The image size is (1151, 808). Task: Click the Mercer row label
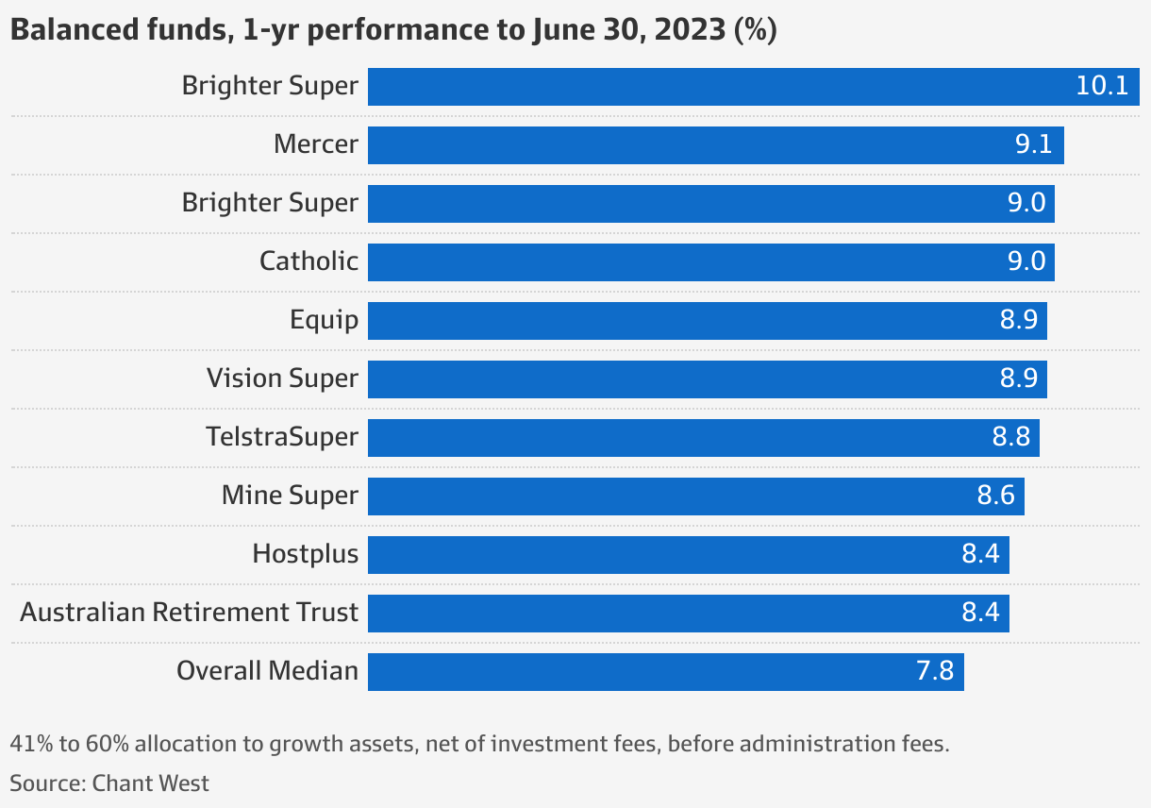point(316,144)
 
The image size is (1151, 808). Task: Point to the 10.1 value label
point(1102,86)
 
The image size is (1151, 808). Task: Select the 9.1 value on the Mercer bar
point(1033,144)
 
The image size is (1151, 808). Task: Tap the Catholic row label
point(309,261)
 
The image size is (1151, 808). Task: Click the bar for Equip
point(707,320)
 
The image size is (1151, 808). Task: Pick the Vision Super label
point(282,379)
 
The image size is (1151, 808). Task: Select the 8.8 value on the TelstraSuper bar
point(1010,437)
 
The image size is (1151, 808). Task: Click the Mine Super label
point(290,496)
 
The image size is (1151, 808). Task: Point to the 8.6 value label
point(995,496)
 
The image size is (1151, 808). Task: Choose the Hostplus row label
point(305,554)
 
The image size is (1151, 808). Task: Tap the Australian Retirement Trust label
point(189,613)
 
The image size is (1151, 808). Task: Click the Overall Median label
point(267,671)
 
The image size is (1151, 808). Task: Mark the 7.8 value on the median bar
point(935,671)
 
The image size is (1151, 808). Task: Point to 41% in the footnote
point(31,744)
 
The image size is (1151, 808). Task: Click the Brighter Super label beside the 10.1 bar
point(270,86)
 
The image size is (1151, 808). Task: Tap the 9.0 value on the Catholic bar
point(1026,261)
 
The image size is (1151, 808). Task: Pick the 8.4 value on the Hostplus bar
point(980,554)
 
